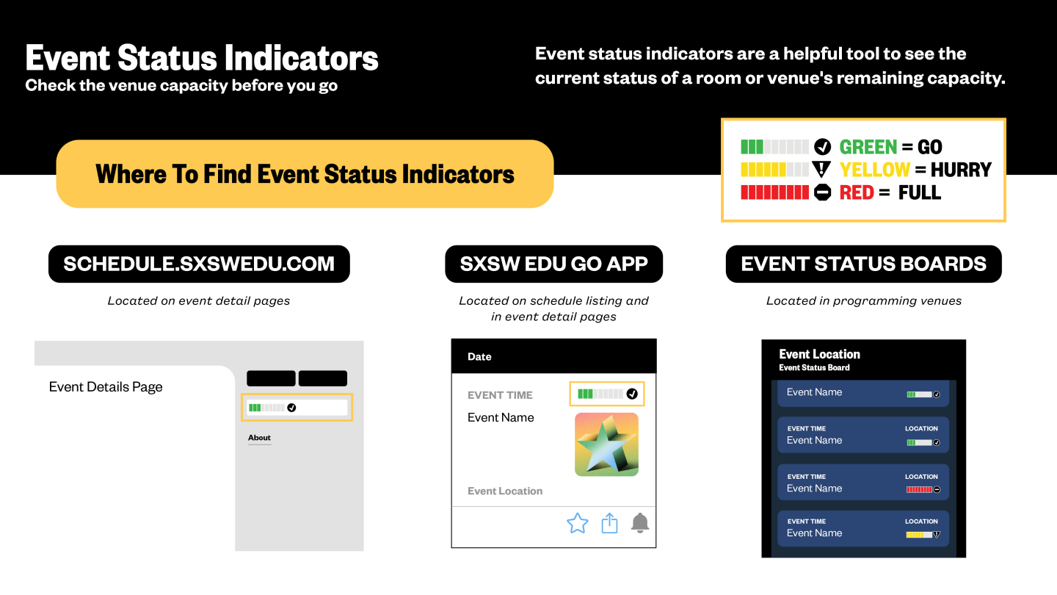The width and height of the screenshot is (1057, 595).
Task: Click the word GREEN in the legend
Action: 868,147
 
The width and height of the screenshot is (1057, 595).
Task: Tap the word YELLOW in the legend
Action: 874,170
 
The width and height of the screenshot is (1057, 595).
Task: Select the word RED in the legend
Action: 857,192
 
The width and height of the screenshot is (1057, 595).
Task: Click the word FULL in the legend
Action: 919,192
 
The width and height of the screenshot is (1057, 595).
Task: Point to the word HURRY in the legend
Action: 961,170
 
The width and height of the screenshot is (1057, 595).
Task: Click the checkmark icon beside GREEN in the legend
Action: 822,147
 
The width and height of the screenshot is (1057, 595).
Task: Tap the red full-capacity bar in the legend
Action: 774,192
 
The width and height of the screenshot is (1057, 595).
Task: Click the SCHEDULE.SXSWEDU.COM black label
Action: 199,264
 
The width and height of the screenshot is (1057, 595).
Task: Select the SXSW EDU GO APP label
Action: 553,264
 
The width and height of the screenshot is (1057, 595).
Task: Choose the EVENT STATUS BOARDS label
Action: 863,264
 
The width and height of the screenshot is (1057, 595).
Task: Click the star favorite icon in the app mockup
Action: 577,523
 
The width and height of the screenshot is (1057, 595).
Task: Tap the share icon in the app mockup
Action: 609,523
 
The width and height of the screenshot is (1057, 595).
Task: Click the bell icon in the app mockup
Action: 640,523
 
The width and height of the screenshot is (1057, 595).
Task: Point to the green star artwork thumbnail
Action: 606,444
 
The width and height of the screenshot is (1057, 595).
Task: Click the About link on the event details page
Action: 259,438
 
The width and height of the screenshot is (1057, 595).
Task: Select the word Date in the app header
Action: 479,356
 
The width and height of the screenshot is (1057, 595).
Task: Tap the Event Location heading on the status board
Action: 819,354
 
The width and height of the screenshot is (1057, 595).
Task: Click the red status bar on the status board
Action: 919,490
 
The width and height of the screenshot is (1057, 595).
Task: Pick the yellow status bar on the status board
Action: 919,535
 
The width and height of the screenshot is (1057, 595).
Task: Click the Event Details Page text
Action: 106,386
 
